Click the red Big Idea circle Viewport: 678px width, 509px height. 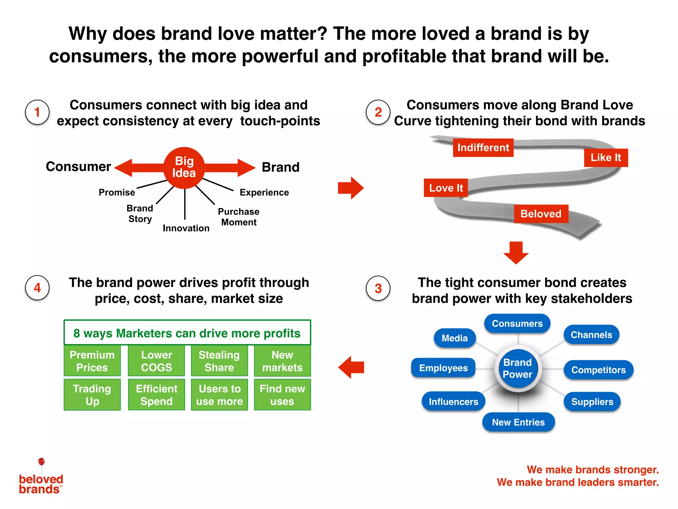(x=184, y=168)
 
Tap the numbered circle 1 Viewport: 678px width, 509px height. (x=37, y=112)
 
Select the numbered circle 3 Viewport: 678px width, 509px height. (x=378, y=288)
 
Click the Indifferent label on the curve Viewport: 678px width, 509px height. (x=483, y=147)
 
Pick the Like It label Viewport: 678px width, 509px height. (x=606, y=158)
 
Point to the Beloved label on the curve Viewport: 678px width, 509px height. (x=541, y=214)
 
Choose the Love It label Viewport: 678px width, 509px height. (x=446, y=188)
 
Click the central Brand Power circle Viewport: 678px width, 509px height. (x=518, y=368)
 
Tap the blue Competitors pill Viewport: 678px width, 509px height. (x=598, y=370)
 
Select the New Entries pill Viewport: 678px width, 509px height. (x=518, y=422)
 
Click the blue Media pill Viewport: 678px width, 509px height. (x=455, y=338)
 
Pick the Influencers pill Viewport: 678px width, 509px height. (x=453, y=402)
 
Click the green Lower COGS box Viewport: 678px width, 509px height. (x=156, y=361)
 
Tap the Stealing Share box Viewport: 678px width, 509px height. (x=219, y=361)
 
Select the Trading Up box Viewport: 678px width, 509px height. (x=92, y=395)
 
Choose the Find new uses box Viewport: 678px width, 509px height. (x=282, y=395)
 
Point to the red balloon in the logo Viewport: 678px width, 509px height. (x=41, y=462)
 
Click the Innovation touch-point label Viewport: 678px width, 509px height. (x=186, y=228)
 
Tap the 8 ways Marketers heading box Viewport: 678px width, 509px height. (x=187, y=333)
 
